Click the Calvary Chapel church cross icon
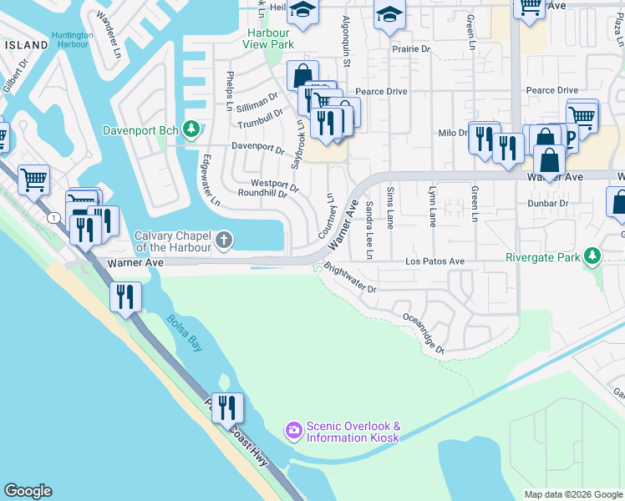(x=223, y=241)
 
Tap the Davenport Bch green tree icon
(x=192, y=129)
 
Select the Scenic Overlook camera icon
(x=293, y=431)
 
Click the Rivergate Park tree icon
(x=592, y=256)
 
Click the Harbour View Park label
(x=266, y=38)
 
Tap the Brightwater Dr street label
(x=350, y=280)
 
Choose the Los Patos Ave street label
(x=434, y=261)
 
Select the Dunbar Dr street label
(x=548, y=203)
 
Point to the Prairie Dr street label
(x=411, y=49)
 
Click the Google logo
(x=28, y=491)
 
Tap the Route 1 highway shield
(x=53, y=218)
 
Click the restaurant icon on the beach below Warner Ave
(x=125, y=297)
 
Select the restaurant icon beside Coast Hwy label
(x=227, y=408)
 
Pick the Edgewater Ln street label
(x=211, y=180)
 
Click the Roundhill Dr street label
(x=262, y=194)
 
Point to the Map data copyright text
(x=573, y=494)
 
